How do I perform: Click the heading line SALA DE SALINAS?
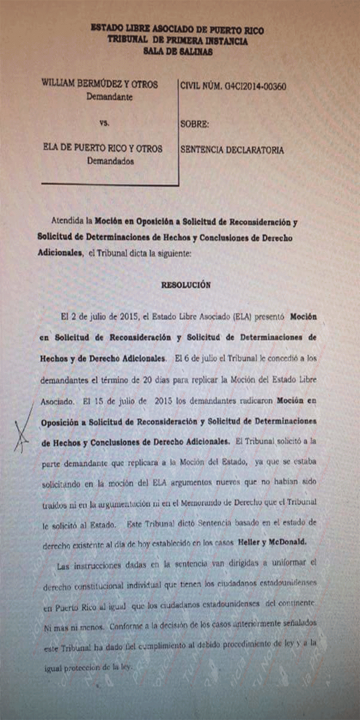[x=178, y=52]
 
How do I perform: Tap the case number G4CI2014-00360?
[x=233, y=86]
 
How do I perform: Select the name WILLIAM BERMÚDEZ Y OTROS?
[x=100, y=84]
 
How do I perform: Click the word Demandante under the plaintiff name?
[x=109, y=96]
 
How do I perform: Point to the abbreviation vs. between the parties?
[x=104, y=123]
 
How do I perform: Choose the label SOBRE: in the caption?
[x=194, y=124]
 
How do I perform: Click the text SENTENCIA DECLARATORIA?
[x=232, y=150]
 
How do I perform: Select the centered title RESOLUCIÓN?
[x=186, y=285]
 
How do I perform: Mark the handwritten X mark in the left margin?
[x=22, y=430]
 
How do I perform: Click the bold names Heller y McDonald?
[x=272, y=542]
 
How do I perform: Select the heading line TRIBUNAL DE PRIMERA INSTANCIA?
[x=178, y=41]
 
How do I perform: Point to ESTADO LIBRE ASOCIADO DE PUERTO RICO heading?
[x=177, y=29]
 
